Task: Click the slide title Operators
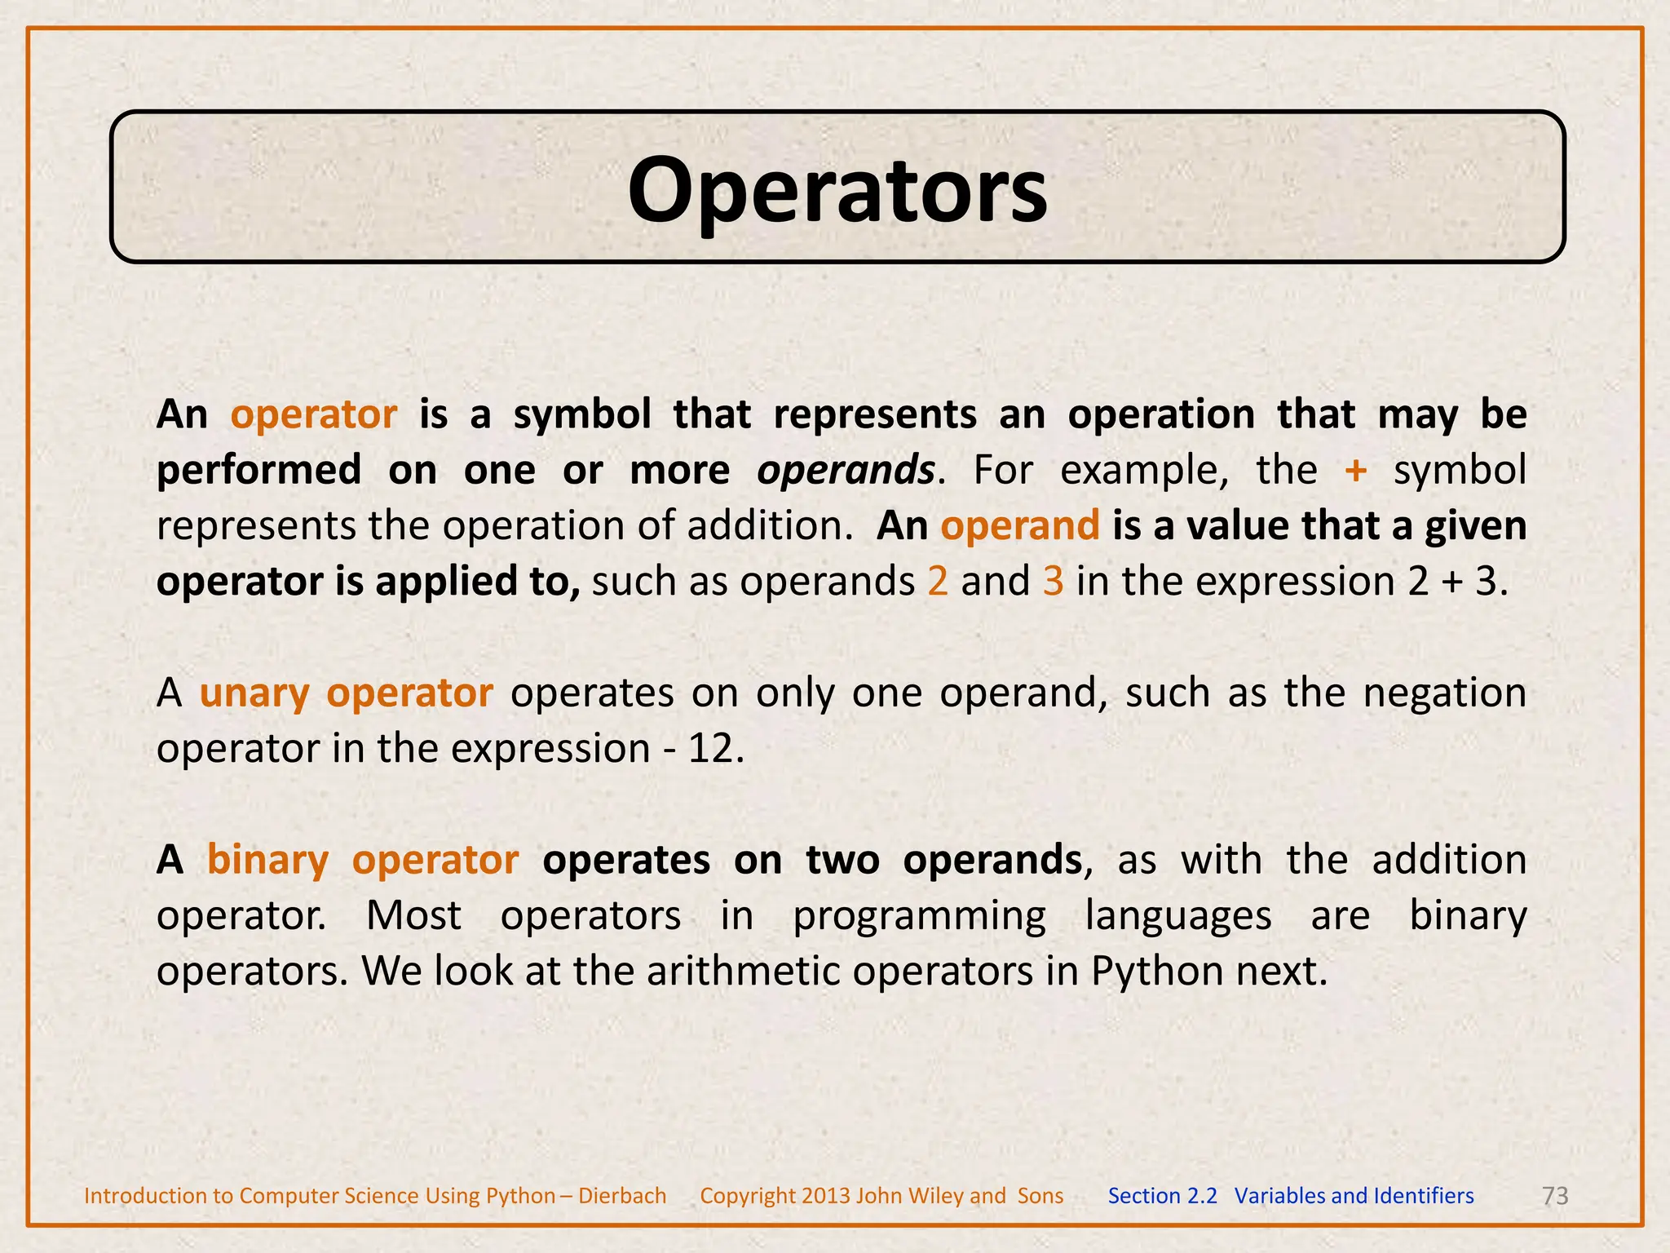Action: coord(837,189)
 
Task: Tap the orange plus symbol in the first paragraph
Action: coord(1355,471)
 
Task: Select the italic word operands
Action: coord(846,471)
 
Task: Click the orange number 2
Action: coord(938,582)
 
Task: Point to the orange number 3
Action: coord(1054,582)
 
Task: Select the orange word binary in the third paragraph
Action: coord(267,861)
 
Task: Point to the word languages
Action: coord(1178,916)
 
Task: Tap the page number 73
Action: coord(1555,1196)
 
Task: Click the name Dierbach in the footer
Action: coord(622,1196)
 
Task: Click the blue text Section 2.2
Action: coord(1162,1196)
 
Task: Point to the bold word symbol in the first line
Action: coord(582,415)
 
